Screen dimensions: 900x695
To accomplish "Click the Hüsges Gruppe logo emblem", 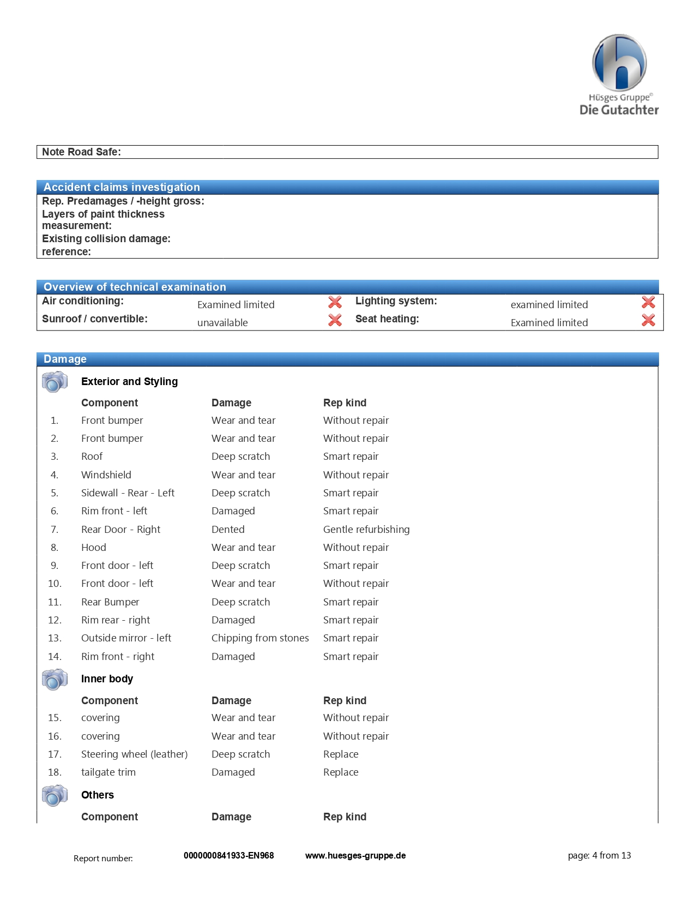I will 619,63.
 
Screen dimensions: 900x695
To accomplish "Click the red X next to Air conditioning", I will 335,302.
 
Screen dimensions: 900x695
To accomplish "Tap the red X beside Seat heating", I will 648,320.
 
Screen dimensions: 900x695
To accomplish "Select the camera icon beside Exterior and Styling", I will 55,381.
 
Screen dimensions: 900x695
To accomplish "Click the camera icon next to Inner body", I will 55,679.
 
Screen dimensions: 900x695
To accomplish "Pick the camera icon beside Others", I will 55,795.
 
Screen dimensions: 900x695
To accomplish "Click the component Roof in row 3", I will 92,457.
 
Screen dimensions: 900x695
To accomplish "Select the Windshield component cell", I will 106,475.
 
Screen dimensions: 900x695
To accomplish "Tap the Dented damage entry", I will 228,530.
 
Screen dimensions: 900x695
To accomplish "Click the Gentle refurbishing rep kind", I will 366,530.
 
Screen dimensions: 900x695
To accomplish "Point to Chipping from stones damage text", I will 260,638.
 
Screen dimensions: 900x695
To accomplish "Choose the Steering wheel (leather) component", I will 134,754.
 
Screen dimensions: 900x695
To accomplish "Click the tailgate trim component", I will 108,772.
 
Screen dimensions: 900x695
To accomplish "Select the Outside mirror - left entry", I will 126,638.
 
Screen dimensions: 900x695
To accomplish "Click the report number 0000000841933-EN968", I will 229,856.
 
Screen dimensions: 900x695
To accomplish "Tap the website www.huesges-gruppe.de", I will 355,856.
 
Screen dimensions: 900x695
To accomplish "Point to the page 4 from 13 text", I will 599,856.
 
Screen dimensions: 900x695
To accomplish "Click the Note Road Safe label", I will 82,152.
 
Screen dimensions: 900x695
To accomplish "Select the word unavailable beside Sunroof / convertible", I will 222,323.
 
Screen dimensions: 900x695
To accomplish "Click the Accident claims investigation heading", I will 122,187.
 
